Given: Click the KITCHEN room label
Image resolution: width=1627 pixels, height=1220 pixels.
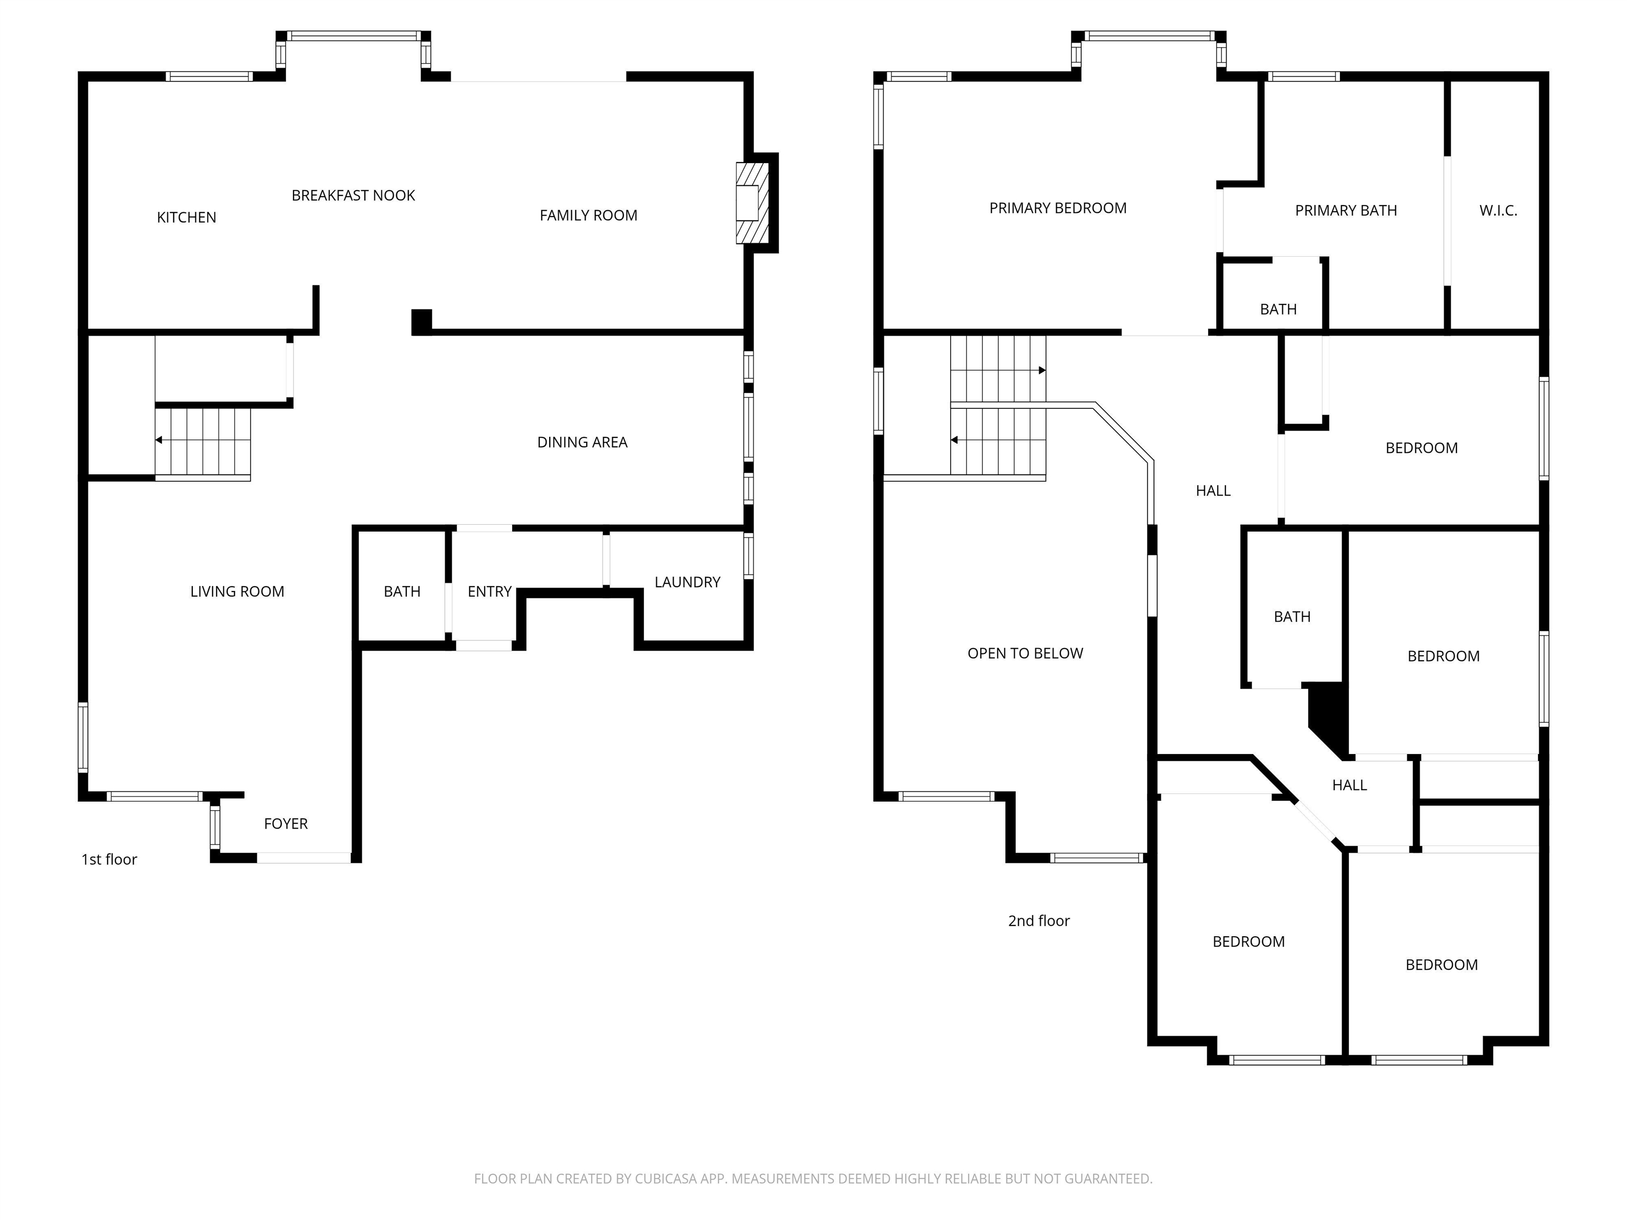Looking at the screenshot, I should [186, 218].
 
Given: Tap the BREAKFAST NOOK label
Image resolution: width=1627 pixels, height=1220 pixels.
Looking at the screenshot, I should [353, 195].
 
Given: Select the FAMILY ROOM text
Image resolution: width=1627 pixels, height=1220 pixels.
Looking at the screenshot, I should [588, 216].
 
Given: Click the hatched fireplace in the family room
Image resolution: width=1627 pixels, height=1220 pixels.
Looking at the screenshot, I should [751, 203].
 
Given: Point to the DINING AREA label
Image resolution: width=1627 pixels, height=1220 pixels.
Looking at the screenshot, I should [582, 442].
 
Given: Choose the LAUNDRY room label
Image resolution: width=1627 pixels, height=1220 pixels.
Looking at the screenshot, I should [687, 582].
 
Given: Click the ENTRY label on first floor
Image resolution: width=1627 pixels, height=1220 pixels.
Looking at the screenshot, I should [489, 592].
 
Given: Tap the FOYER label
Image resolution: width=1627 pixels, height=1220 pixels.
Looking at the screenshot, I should [285, 823].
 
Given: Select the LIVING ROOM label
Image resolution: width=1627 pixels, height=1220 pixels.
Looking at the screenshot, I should [237, 592].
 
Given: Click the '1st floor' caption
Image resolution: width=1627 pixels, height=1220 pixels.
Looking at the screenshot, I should [109, 859].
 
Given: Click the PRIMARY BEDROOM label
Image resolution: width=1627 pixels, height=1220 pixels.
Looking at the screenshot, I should [1058, 208].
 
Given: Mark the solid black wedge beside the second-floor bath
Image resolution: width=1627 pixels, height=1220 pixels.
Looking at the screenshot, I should [1330, 717].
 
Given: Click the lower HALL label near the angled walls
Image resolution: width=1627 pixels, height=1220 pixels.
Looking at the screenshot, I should [1349, 785].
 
